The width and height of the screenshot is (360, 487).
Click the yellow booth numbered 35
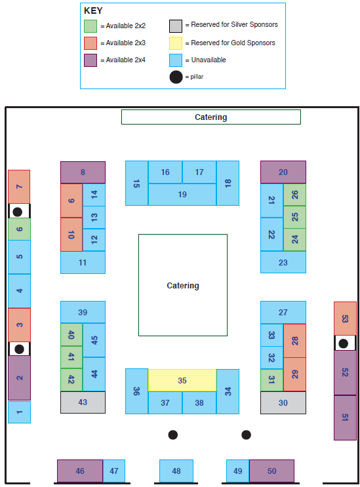(182, 380)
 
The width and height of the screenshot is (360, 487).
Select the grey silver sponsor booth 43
(83, 402)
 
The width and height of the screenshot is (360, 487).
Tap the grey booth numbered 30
(283, 402)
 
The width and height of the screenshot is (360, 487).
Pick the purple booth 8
(83, 172)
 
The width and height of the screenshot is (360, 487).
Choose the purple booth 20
(283, 172)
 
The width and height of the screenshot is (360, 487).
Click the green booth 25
(294, 217)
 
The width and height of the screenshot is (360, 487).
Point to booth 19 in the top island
(182, 195)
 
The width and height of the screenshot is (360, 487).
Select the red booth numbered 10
(71, 235)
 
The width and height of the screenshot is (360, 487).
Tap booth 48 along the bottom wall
(176, 471)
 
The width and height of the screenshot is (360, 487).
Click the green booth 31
(271, 380)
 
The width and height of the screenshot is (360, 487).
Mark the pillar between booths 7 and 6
(18, 212)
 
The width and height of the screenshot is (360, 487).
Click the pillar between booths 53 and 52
(343, 343)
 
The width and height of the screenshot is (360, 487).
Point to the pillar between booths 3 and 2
(19, 349)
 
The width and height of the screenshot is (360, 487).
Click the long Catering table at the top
(211, 117)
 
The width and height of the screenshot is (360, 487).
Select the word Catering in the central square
(183, 285)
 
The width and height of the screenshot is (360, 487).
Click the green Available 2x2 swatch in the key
(90, 26)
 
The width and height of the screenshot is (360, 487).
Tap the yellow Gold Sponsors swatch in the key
(176, 43)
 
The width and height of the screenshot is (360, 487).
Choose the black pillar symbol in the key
(176, 77)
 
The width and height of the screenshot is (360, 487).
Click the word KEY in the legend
(93, 11)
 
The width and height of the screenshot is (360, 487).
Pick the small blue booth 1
(19, 412)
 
